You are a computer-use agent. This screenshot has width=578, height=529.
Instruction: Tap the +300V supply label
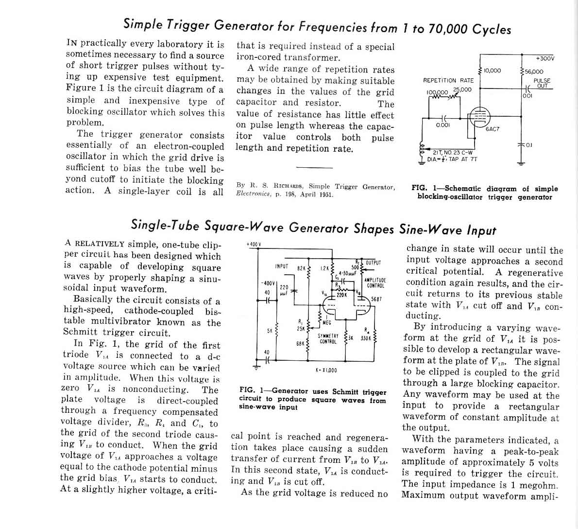point(544,58)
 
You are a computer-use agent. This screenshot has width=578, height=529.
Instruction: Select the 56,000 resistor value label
point(534,71)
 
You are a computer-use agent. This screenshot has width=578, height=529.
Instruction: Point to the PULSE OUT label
point(542,84)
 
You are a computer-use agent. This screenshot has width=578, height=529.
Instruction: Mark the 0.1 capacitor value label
point(528,145)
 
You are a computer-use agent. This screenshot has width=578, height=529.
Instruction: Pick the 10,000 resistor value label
point(492,71)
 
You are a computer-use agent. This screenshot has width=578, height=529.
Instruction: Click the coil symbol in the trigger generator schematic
point(422,148)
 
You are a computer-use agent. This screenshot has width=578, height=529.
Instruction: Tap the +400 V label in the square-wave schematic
point(254,244)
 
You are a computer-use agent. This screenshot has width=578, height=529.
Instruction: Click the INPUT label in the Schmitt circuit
point(282,266)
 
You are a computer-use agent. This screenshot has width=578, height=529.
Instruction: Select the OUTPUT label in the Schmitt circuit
point(373,263)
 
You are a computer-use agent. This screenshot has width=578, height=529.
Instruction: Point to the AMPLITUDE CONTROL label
point(375,283)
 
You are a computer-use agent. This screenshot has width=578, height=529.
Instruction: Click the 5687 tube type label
point(376,299)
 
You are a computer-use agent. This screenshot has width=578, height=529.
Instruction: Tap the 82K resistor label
point(301,268)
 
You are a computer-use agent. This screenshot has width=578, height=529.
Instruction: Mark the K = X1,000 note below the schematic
point(326,370)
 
